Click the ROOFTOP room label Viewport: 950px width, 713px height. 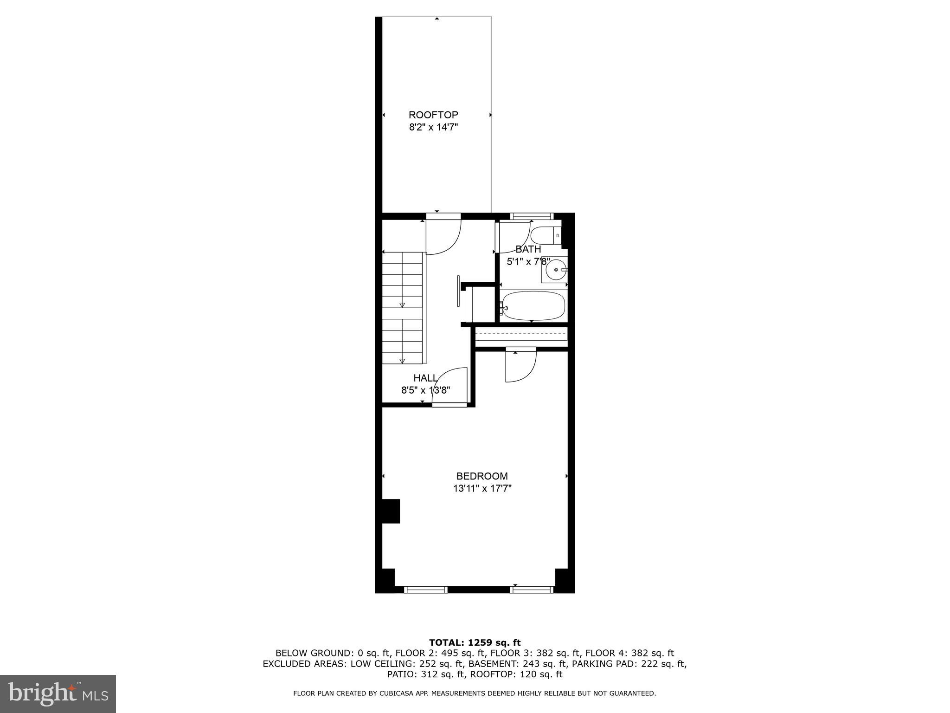coord(433,115)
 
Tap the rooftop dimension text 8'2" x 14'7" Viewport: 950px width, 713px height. coord(433,127)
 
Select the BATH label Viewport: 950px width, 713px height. coord(528,249)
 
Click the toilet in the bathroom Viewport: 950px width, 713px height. coord(546,236)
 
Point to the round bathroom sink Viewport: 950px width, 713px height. coord(555,269)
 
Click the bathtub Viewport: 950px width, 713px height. coord(533,305)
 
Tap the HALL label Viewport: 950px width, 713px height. coord(425,378)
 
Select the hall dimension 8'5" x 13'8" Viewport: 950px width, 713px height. coord(425,390)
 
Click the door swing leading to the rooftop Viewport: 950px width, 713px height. coord(443,237)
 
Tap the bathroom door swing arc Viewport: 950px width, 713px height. coord(514,238)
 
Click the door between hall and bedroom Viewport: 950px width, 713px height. coord(449,387)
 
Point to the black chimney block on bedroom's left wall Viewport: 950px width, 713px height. coord(390,511)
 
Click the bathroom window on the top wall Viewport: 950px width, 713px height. coord(532,216)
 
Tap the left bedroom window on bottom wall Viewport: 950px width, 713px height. coord(425,590)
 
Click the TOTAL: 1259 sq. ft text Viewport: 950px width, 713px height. coord(475,643)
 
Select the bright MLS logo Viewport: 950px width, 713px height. coord(58,694)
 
